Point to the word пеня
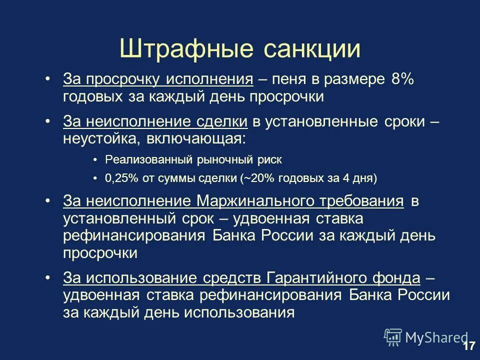coord(291,79)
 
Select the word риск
coord(270,160)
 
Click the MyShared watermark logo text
coord(436,337)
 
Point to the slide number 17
coord(468,346)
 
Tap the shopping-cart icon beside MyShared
coord(393,337)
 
